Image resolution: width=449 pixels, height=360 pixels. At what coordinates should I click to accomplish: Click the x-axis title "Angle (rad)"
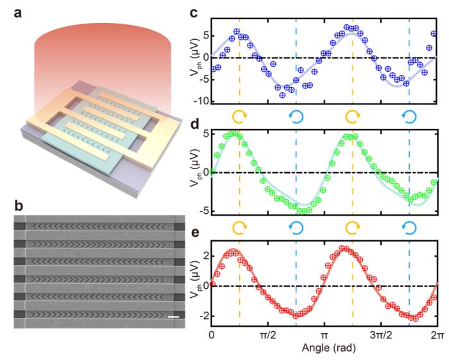click(325, 348)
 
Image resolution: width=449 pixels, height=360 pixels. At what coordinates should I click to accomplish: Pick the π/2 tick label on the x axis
click(268, 336)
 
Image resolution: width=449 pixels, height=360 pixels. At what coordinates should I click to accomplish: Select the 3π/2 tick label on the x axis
click(381, 336)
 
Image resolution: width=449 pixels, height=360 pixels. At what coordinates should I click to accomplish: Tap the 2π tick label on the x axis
click(437, 336)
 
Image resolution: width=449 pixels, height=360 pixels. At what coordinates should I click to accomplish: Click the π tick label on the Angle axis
click(325, 336)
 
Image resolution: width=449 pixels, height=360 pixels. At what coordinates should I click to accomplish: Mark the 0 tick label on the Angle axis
click(212, 336)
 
